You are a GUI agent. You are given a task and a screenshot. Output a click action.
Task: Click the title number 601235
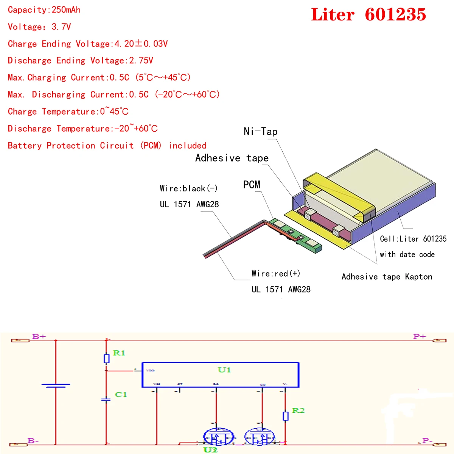[395, 15]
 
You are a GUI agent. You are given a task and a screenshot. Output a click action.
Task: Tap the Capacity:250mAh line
[44, 10]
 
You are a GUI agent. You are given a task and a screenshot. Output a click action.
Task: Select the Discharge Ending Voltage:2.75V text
[80, 61]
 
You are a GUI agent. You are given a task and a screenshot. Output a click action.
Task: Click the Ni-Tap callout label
[261, 131]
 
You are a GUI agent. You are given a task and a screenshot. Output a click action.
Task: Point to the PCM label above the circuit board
[252, 185]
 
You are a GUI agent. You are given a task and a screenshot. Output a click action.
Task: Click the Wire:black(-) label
[188, 188]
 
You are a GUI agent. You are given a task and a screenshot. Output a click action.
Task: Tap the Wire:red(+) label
[276, 274]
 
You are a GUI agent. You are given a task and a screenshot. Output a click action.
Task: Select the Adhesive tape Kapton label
[387, 277]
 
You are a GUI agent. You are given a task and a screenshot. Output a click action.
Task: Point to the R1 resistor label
[119, 353]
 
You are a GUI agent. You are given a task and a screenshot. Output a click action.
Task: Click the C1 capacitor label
[121, 395]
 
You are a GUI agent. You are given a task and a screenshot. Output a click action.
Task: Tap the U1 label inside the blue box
[224, 370]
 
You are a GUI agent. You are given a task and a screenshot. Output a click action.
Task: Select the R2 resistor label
[298, 410]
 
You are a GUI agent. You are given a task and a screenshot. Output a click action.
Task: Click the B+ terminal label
[39, 336]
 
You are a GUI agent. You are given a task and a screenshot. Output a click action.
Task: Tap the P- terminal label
[427, 441]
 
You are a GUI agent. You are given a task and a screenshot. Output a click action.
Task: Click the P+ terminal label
[420, 336]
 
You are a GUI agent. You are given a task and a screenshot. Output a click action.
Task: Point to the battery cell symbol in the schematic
[56, 386]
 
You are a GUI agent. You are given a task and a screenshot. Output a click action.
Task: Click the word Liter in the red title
[333, 15]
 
